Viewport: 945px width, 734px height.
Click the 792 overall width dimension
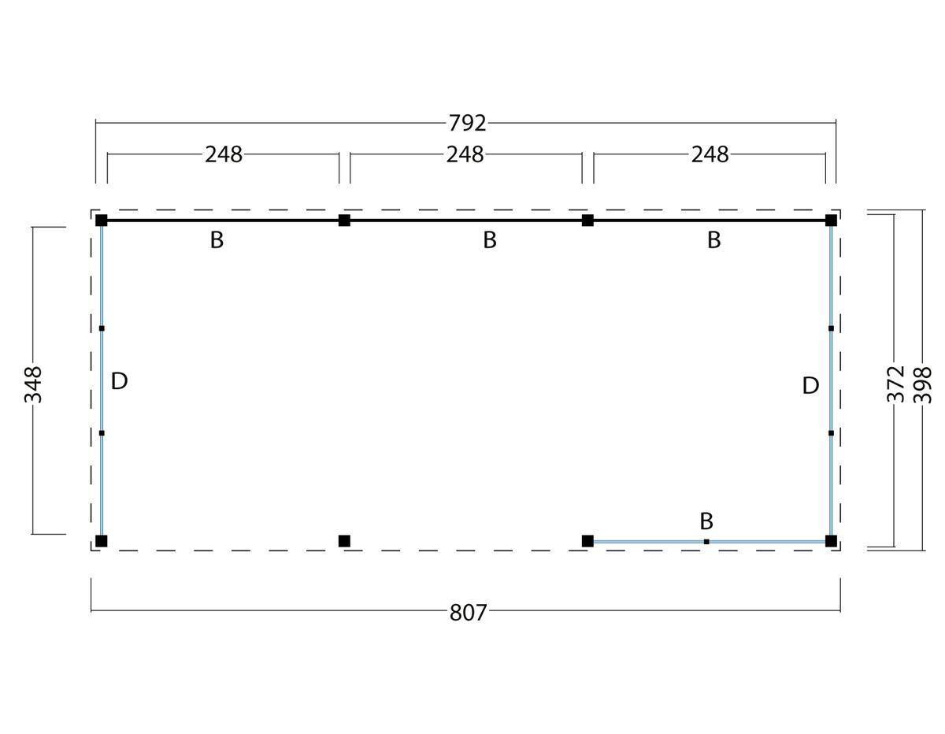pos(467,123)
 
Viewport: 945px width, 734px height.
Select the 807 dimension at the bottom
pos(468,613)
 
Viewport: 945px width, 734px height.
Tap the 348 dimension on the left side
pos(33,385)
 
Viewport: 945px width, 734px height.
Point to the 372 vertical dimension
pos(895,384)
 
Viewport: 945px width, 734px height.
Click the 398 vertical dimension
pos(922,385)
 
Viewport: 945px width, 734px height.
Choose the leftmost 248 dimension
pos(224,154)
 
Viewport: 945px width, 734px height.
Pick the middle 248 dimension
pos(465,154)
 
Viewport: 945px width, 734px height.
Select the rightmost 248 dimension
pos(710,154)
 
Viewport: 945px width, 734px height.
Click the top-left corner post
pos(102,221)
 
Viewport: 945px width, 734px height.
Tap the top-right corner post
pos(831,221)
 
